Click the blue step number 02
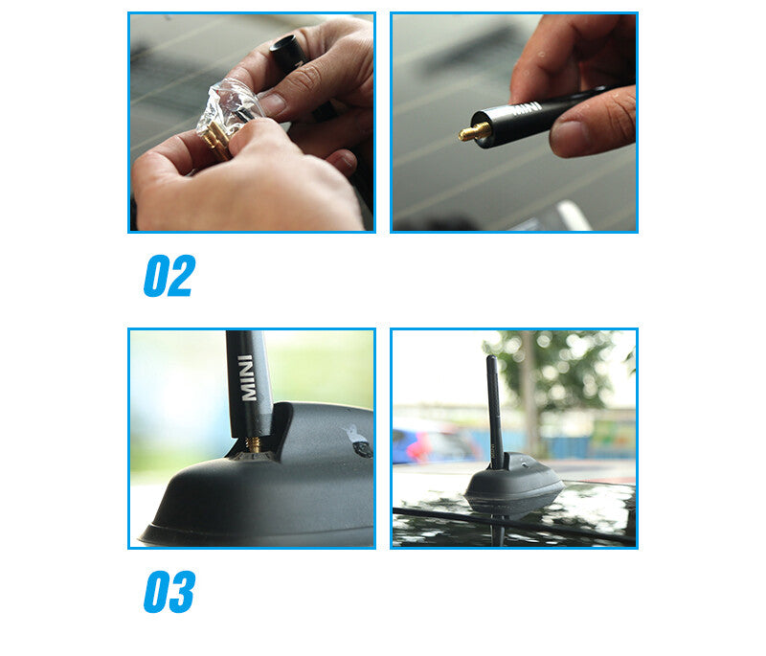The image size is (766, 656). [169, 276]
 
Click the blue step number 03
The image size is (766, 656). [169, 592]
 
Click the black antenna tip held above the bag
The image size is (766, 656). [286, 52]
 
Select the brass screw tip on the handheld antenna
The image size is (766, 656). [472, 131]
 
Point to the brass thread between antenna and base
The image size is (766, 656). [254, 443]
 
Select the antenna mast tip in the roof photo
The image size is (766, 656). [491, 361]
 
